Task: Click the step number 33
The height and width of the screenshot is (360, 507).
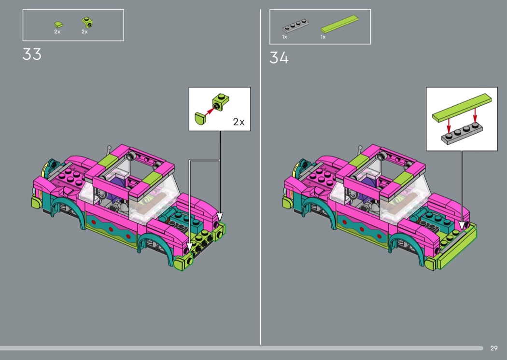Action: click(x=32, y=55)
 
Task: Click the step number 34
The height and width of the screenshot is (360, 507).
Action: click(x=279, y=58)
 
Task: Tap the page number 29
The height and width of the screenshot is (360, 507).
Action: click(x=494, y=348)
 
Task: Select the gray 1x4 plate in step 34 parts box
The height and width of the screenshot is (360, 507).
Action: click(x=295, y=26)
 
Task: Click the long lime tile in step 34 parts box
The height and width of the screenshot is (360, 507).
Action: click(x=339, y=24)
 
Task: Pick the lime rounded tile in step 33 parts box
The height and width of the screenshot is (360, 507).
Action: click(x=58, y=25)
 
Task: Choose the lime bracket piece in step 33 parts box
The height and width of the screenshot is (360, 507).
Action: click(x=87, y=22)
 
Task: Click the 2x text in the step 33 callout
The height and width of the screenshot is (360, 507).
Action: click(x=239, y=122)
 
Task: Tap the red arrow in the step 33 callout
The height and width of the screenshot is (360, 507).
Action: click(x=210, y=111)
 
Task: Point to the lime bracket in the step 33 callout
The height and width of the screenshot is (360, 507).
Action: click(x=220, y=102)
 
